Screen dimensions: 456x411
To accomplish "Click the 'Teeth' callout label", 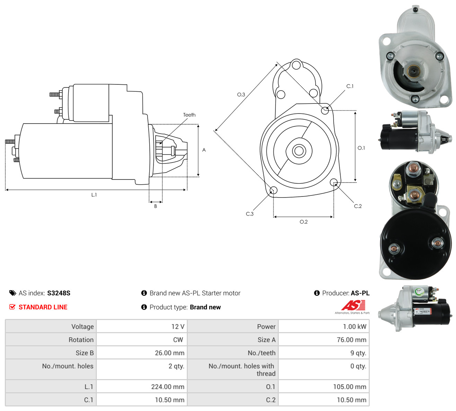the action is pyautogui.click(x=189, y=115).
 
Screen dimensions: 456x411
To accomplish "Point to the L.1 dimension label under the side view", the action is pyautogui.click(x=94, y=195).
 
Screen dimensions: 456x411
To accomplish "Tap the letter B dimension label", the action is pyautogui.click(x=156, y=206).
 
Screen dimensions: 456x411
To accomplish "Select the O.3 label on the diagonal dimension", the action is pyautogui.click(x=241, y=94).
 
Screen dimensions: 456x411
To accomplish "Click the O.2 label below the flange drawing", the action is pyautogui.click(x=304, y=222).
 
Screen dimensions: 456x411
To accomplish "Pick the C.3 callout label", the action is pyautogui.click(x=249, y=214).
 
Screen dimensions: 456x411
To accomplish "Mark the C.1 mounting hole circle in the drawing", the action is pyautogui.click(x=325, y=110).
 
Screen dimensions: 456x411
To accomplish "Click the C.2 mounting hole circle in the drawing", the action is pyautogui.click(x=333, y=182).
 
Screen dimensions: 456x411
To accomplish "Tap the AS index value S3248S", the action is pyautogui.click(x=59, y=293).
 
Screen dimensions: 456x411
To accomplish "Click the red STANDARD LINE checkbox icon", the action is pyautogui.click(x=12, y=307).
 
